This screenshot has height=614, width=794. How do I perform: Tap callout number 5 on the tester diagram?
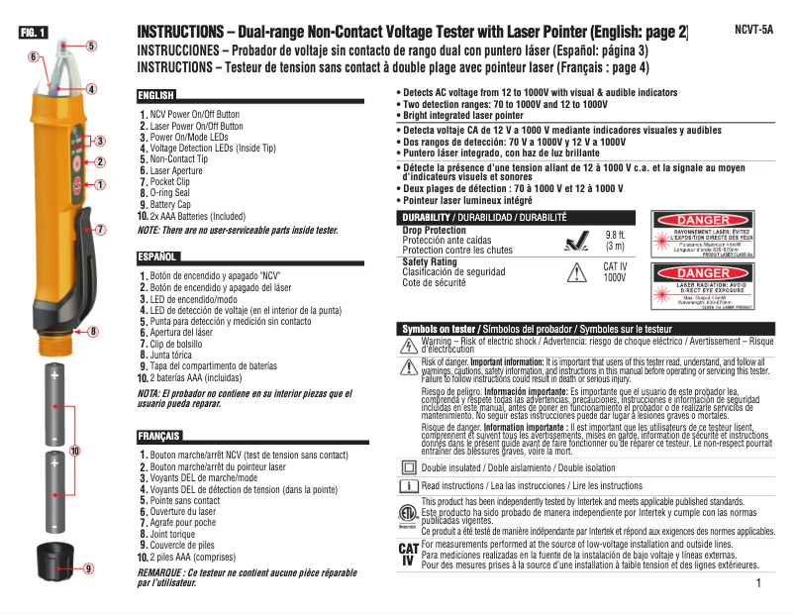[91, 45]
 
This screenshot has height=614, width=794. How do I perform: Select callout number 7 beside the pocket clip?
[100, 229]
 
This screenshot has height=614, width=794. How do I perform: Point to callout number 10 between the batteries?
[75, 451]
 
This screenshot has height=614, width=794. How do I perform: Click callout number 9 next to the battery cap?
[88, 568]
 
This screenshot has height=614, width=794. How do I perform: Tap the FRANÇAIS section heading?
[160, 436]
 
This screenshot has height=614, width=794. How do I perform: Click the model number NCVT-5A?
[754, 31]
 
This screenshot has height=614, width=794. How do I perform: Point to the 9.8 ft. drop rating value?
[615, 235]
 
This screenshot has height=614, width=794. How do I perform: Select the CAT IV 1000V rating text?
[615, 272]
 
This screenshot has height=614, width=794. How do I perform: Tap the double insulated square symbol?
[409, 466]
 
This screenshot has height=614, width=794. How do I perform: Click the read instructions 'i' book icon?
[409, 485]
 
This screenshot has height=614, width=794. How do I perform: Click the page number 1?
[757, 583]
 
